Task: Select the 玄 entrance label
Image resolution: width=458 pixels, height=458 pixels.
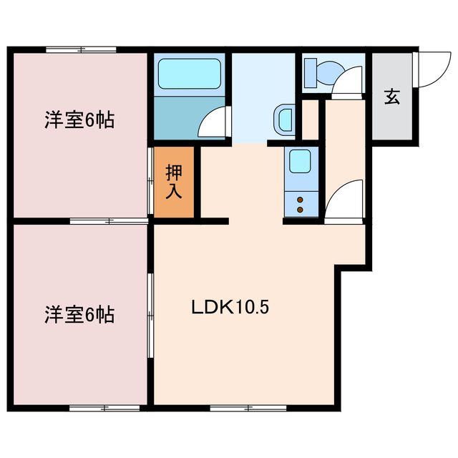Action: click(x=391, y=96)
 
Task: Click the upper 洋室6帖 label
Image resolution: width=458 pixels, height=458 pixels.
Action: click(x=79, y=120)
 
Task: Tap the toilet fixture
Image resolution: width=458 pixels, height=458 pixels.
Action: click(x=326, y=72)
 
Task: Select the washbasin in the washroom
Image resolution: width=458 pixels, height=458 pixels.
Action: click(x=284, y=119)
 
